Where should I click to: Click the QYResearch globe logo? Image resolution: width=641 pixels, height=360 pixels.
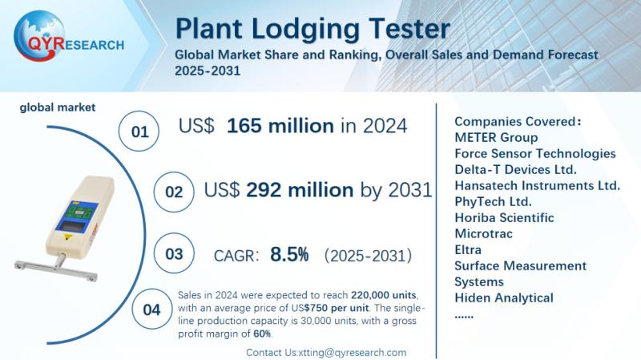(x=38, y=36)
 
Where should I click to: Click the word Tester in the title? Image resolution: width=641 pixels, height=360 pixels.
(x=409, y=29)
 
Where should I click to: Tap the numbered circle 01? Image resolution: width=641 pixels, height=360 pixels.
(x=139, y=131)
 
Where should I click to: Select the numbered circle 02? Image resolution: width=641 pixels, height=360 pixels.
(x=174, y=192)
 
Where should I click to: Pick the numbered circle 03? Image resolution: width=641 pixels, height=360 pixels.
(x=174, y=253)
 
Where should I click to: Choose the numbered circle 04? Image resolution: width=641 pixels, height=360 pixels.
(x=152, y=309)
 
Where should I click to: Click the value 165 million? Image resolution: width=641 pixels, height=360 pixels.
(x=280, y=126)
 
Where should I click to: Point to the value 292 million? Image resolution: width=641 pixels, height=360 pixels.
(x=300, y=190)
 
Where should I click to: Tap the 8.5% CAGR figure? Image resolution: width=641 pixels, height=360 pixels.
(x=289, y=254)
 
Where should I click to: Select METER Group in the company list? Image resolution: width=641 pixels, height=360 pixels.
(x=496, y=137)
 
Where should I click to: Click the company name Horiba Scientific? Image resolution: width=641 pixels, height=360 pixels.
(x=504, y=217)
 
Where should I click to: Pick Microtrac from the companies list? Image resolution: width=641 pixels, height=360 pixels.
(x=483, y=233)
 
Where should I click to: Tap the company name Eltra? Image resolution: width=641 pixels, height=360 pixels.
(x=468, y=249)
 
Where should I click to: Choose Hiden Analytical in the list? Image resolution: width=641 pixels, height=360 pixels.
(x=504, y=297)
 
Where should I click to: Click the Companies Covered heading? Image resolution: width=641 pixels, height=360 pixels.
(x=518, y=122)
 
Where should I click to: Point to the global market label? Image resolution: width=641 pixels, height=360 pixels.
(x=57, y=107)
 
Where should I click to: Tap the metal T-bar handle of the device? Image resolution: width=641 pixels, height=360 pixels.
(x=56, y=269)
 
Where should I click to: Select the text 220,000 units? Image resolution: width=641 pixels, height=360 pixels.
(x=384, y=295)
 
